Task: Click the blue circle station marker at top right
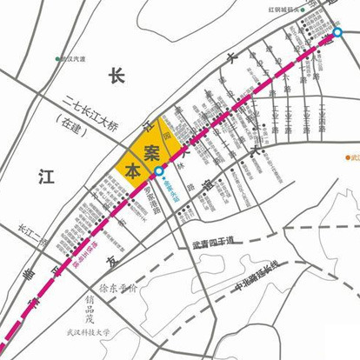click(x=337, y=33)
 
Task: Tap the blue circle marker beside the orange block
click(x=158, y=171)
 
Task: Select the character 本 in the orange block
click(x=131, y=170)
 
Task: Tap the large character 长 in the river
click(x=117, y=77)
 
